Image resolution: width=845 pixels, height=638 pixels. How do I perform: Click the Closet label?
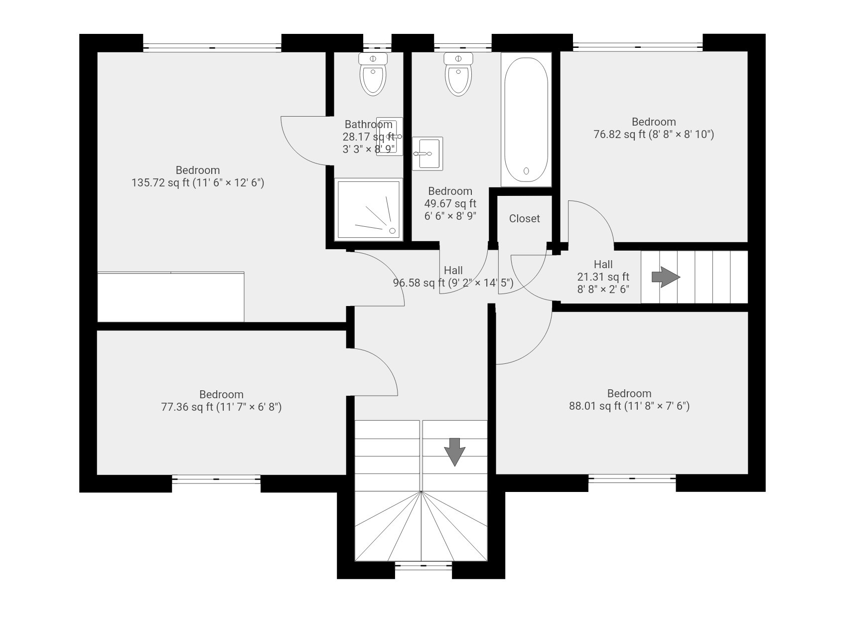[x=524, y=218]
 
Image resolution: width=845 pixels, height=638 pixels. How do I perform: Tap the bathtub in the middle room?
[x=526, y=120]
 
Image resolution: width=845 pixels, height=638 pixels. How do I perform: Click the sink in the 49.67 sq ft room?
[x=427, y=154]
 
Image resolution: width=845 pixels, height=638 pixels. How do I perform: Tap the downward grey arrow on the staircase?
[x=454, y=452]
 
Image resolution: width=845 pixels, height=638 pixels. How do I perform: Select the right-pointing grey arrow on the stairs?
[x=666, y=277]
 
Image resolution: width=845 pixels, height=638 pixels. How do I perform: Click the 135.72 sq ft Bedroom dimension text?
[x=198, y=183]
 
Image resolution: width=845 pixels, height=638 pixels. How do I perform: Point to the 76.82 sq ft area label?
[x=654, y=135]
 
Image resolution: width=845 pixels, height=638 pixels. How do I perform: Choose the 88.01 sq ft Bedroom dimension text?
[x=629, y=406]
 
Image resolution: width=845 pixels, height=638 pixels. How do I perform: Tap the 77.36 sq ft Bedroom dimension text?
[x=221, y=407]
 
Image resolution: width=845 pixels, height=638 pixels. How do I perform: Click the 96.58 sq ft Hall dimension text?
[x=453, y=283]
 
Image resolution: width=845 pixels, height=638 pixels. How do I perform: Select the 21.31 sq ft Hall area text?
[x=603, y=277]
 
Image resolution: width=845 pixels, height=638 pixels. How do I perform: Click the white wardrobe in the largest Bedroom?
[x=170, y=297]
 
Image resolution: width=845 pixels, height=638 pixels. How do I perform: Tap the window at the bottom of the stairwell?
[x=423, y=565]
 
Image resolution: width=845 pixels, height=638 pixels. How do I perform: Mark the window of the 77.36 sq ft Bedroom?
[x=216, y=479]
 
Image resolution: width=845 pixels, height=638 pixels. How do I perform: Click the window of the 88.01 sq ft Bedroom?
[x=632, y=478]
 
